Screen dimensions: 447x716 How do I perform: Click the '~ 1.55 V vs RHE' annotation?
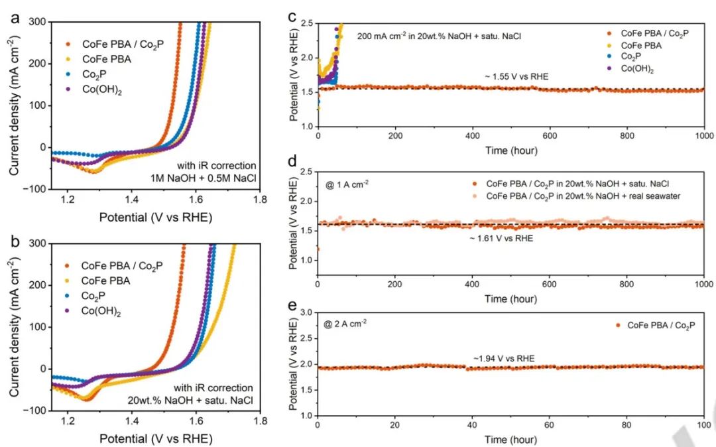point(516,77)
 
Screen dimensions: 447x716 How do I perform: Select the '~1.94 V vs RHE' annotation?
point(505,358)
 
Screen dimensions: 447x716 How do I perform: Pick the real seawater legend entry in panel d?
point(583,196)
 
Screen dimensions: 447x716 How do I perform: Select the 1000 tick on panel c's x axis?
point(703,137)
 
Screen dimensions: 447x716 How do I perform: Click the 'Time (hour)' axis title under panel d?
point(510,298)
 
